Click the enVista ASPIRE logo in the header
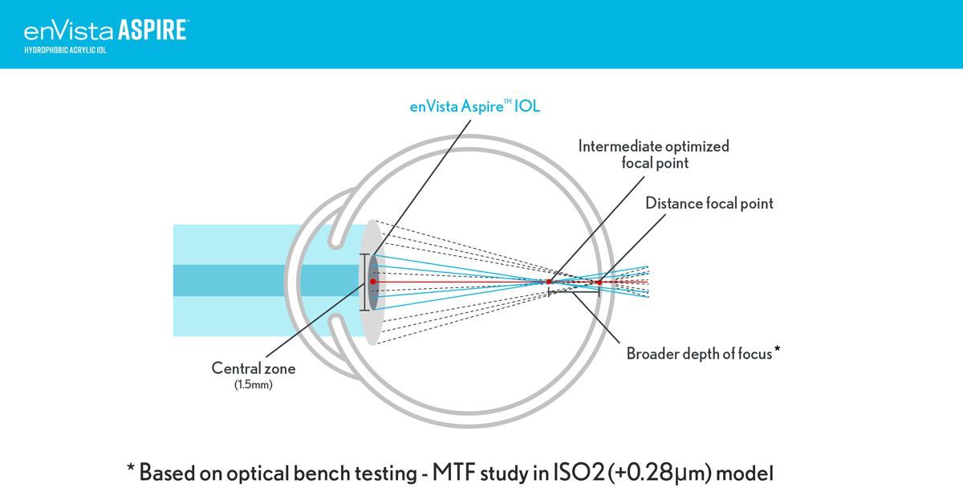coord(106,30)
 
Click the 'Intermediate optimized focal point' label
coord(654,154)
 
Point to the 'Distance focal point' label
coord(709,204)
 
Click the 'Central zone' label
coord(253,368)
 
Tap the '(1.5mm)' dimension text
coord(253,384)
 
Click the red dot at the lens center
coord(372,282)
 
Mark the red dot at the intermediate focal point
coord(549,282)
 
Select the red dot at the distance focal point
coord(599,282)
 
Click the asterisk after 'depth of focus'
coord(777,350)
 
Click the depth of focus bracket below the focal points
coord(574,294)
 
